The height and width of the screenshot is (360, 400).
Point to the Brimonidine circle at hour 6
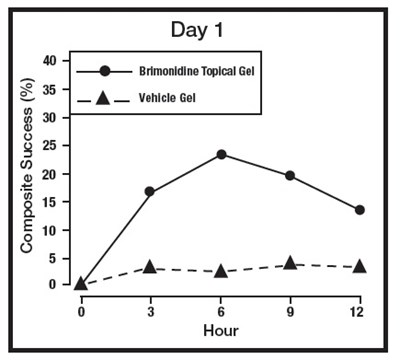tap(220, 154)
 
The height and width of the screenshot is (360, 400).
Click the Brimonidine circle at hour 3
tap(150, 191)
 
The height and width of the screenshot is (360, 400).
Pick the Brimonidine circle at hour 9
tap(290, 175)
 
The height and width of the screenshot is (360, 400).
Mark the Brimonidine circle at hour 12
tap(359, 209)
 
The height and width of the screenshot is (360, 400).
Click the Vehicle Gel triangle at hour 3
tap(150, 267)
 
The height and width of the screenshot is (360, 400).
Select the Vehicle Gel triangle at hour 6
tap(220, 271)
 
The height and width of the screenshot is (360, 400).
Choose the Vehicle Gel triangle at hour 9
tap(290, 263)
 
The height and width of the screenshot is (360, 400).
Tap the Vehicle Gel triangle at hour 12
tap(359, 266)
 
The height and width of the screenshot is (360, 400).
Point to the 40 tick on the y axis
tap(62, 61)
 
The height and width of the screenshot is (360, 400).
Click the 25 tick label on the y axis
tap(62, 145)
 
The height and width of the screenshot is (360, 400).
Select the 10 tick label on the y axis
tap(62, 229)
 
